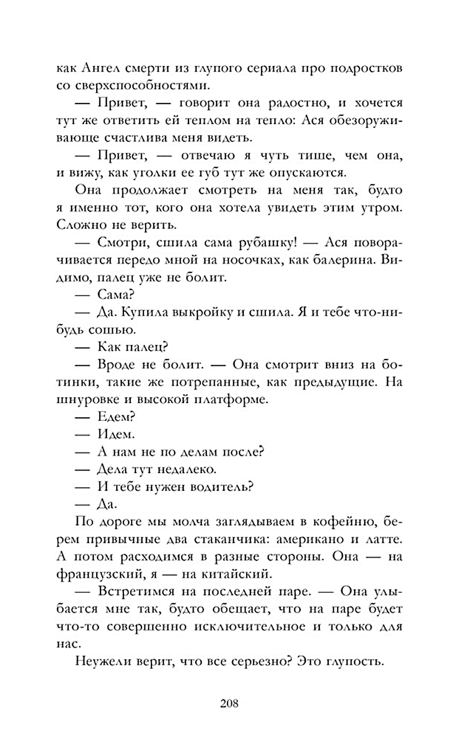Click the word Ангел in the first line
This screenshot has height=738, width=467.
tap(99, 68)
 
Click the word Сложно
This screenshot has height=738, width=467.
tap(81, 225)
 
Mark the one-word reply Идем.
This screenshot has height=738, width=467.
tap(116, 434)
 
